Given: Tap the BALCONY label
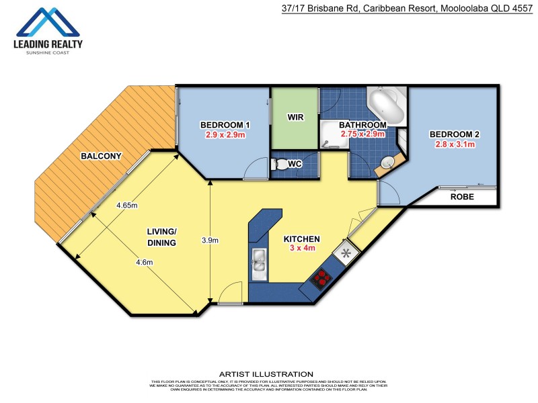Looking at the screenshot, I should pyautogui.click(x=101, y=156).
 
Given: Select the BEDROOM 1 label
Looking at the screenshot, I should pyautogui.click(x=225, y=125).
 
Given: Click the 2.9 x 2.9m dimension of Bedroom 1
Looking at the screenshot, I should pyautogui.click(x=225, y=134).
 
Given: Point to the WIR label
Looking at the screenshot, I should pyautogui.click(x=295, y=117).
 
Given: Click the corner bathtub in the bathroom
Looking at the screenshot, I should pyautogui.click(x=387, y=107).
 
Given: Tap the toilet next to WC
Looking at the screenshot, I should pyautogui.click(x=279, y=164).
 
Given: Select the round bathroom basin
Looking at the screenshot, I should pyautogui.click(x=388, y=163).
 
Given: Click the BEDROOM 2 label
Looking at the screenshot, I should pyautogui.click(x=455, y=134).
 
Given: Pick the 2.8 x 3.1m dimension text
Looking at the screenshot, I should pyautogui.click(x=455, y=144).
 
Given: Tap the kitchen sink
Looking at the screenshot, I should pyautogui.click(x=259, y=264).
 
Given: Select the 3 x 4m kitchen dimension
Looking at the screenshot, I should pyautogui.click(x=301, y=249).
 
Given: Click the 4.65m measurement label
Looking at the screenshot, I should pyautogui.click(x=126, y=206).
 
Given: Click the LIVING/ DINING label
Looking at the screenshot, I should pyautogui.click(x=161, y=237).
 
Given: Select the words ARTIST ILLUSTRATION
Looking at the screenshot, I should pyautogui.click(x=266, y=374).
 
